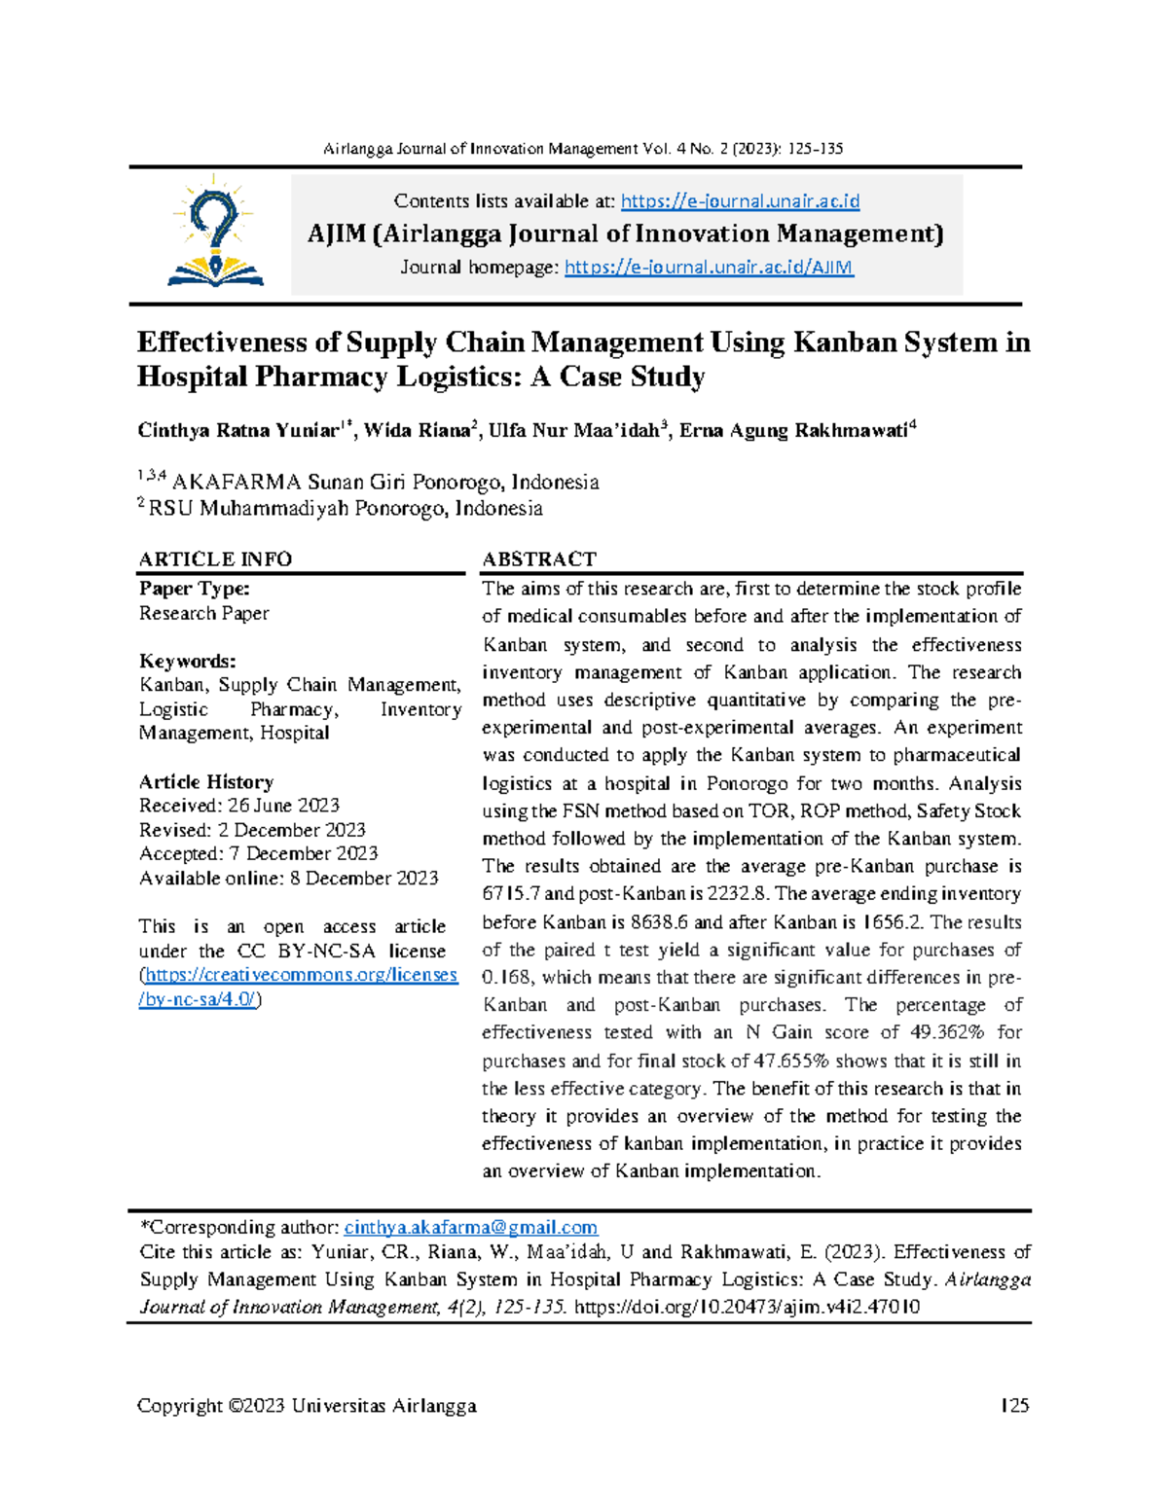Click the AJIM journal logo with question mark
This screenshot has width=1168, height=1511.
pyautogui.click(x=215, y=232)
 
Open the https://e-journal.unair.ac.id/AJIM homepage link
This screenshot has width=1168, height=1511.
pyautogui.click(x=709, y=268)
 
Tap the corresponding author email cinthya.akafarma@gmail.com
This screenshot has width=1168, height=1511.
pyautogui.click(x=471, y=1228)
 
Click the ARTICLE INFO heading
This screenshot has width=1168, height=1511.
pyautogui.click(x=215, y=558)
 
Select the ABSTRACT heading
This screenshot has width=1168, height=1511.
pyautogui.click(x=539, y=558)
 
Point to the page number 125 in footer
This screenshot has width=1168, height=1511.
pyautogui.click(x=1015, y=1405)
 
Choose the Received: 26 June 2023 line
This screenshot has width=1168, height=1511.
pyautogui.click(x=239, y=806)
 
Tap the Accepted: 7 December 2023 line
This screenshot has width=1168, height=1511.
pyautogui.click(x=258, y=853)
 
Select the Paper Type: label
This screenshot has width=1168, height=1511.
pyautogui.click(x=195, y=589)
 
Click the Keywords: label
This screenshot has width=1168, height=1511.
pyautogui.click(x=187, y=662)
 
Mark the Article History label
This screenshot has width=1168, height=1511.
pyautogui.click(x=206, y=782)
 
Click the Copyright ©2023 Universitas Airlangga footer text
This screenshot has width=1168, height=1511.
pyautogui.click(x=307, y=1405)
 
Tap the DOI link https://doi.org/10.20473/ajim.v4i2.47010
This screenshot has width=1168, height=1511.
pyautogui.click(x=747, y=1307)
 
